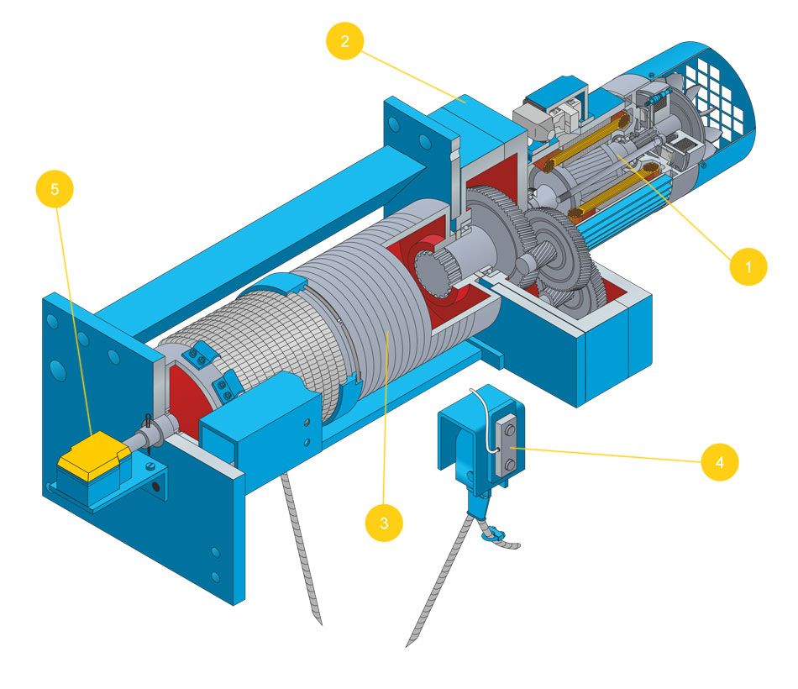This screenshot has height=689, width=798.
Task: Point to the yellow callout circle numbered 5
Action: pyautogui.click(x=55, y=190)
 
